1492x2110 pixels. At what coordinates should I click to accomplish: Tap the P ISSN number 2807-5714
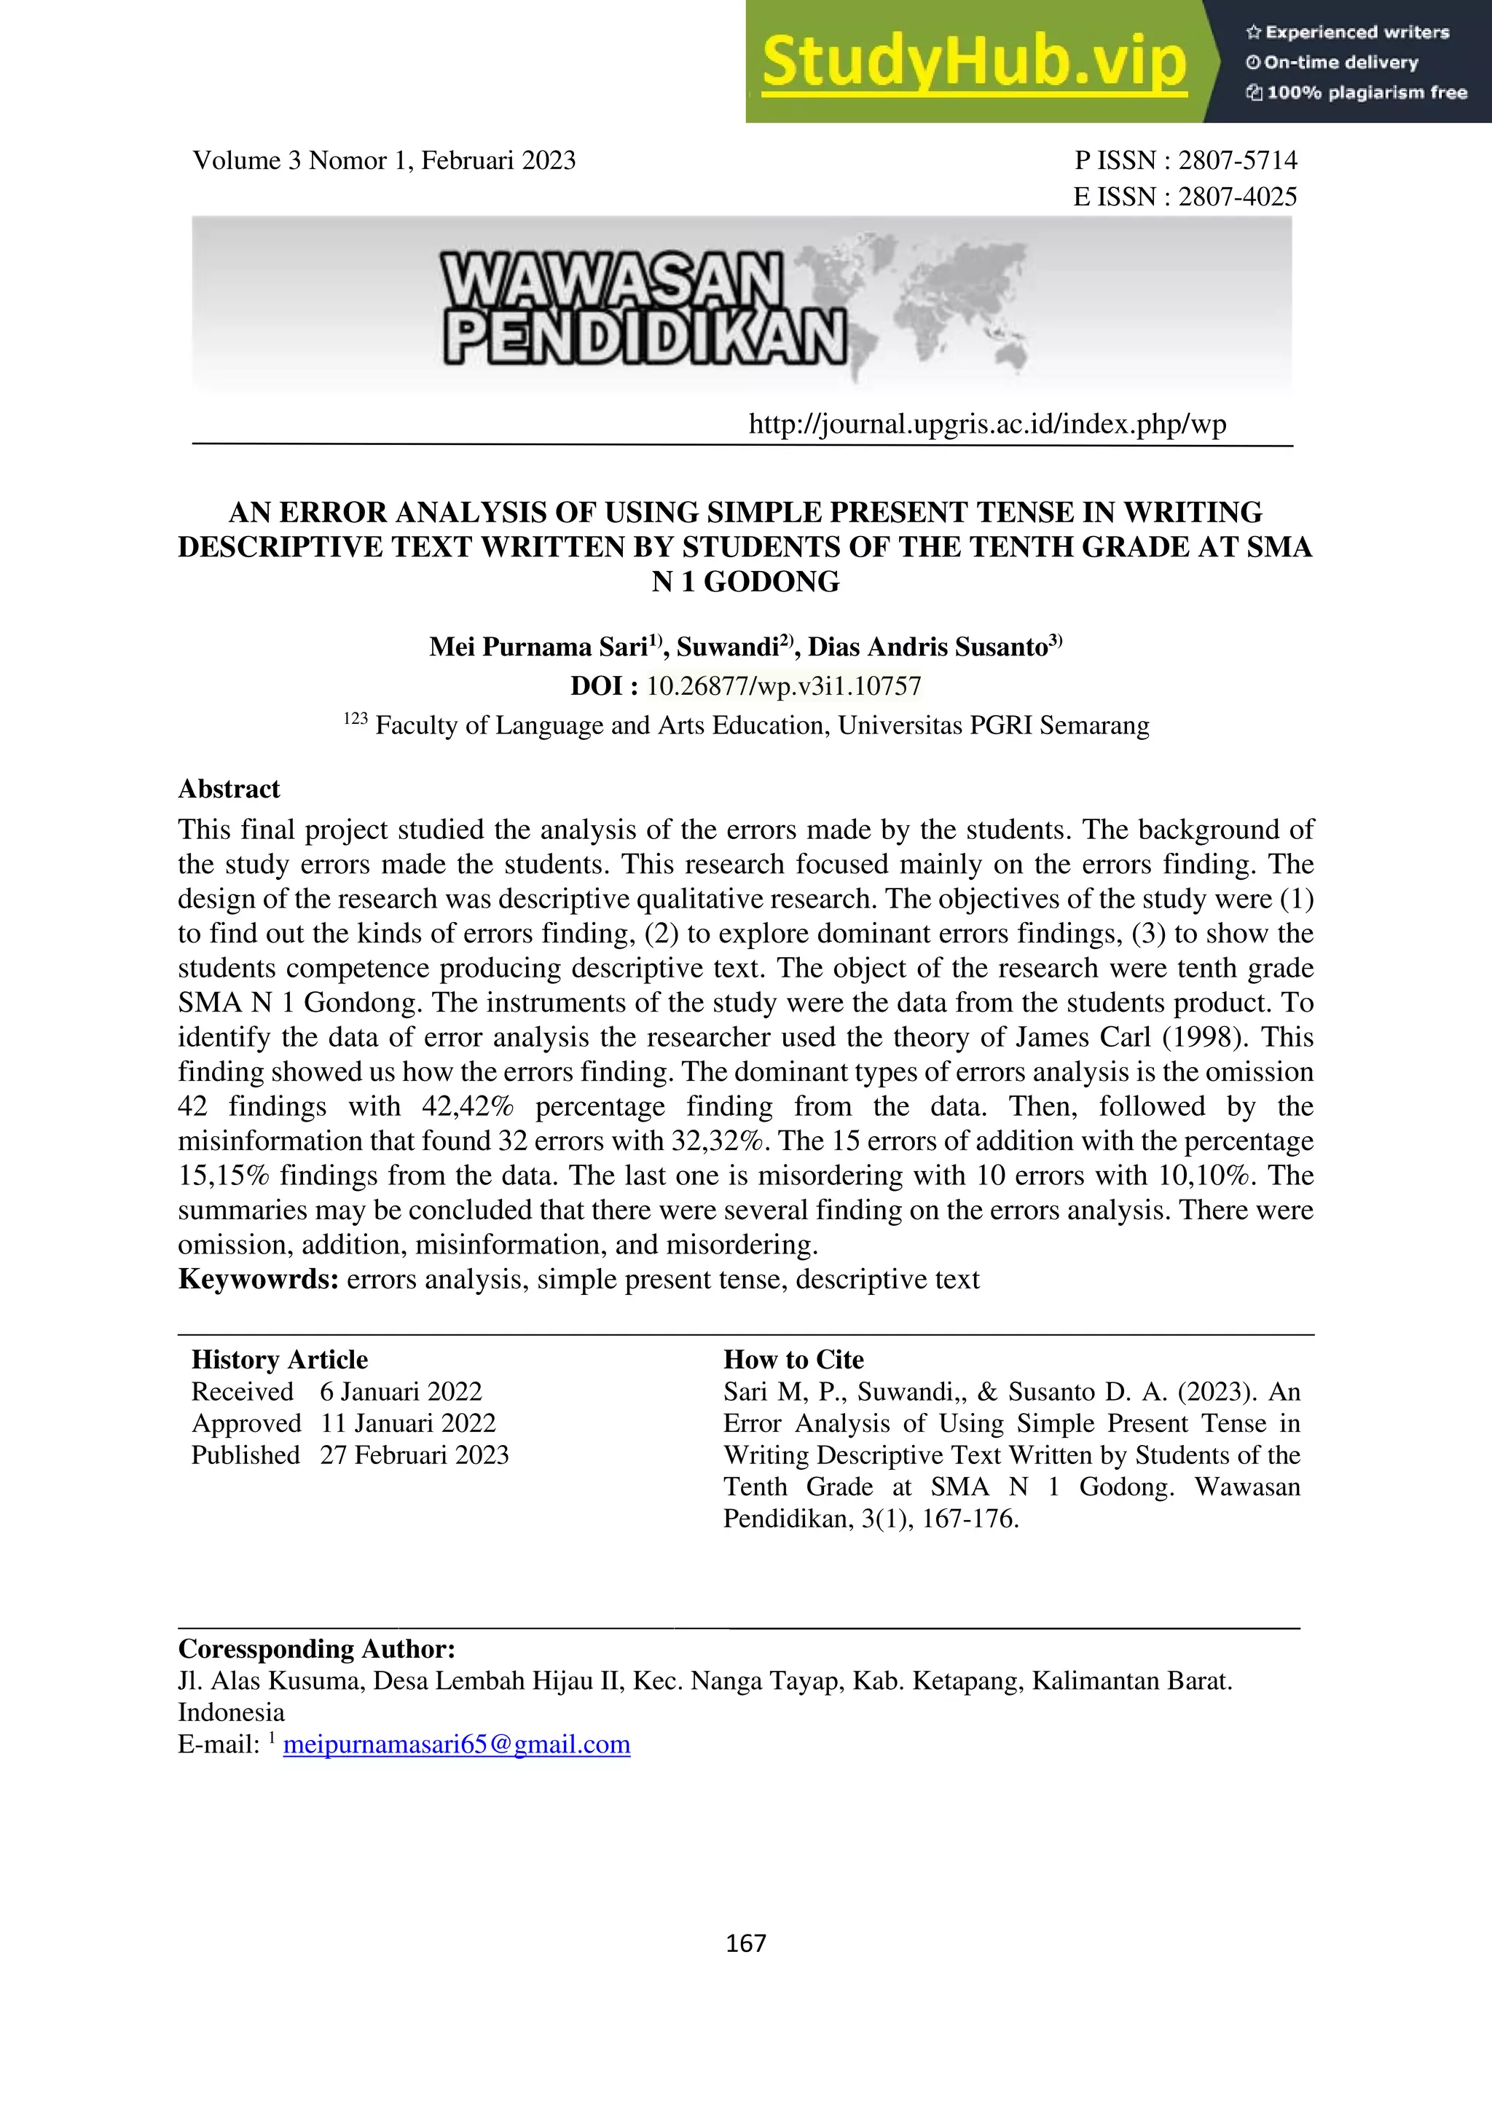click(x=1237, y=161)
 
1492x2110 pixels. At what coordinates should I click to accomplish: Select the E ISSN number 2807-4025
click(x=1237, y=197)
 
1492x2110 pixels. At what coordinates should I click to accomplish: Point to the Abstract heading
click(x=229, y=790)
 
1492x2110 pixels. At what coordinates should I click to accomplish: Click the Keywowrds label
click(x=259, y=1279)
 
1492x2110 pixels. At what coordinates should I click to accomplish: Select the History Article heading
click(x=280, y=1359)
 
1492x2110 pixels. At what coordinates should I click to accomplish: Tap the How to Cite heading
click(x=793, y=1359)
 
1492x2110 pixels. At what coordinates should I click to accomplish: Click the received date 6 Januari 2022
click(x=401, y=1391)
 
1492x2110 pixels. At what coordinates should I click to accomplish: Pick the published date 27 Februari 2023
click(x=414, y=1454)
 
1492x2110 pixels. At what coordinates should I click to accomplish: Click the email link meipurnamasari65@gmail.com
click(x=457, y=1744)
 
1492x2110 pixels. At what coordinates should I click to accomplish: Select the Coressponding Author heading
click(x=316, y=1649)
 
